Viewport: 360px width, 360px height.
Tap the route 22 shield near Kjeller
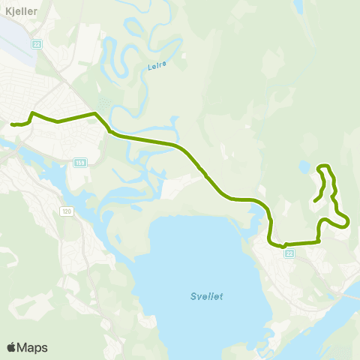point(37,44)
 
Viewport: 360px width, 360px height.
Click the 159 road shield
point(80,161)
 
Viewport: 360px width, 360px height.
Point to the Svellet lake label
point(205,295)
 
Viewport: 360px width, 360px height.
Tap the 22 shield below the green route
point(289,253)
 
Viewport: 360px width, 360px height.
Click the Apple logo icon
point(11,347)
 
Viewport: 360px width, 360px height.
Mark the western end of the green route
point(11,124)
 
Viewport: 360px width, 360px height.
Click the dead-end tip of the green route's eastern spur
point(314,201)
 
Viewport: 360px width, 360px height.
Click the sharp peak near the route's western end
point(31,113)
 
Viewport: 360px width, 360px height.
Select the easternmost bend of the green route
point(349,221)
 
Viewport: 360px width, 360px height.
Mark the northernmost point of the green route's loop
point(324,165)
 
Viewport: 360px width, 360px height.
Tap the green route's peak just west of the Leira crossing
point(94,113)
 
